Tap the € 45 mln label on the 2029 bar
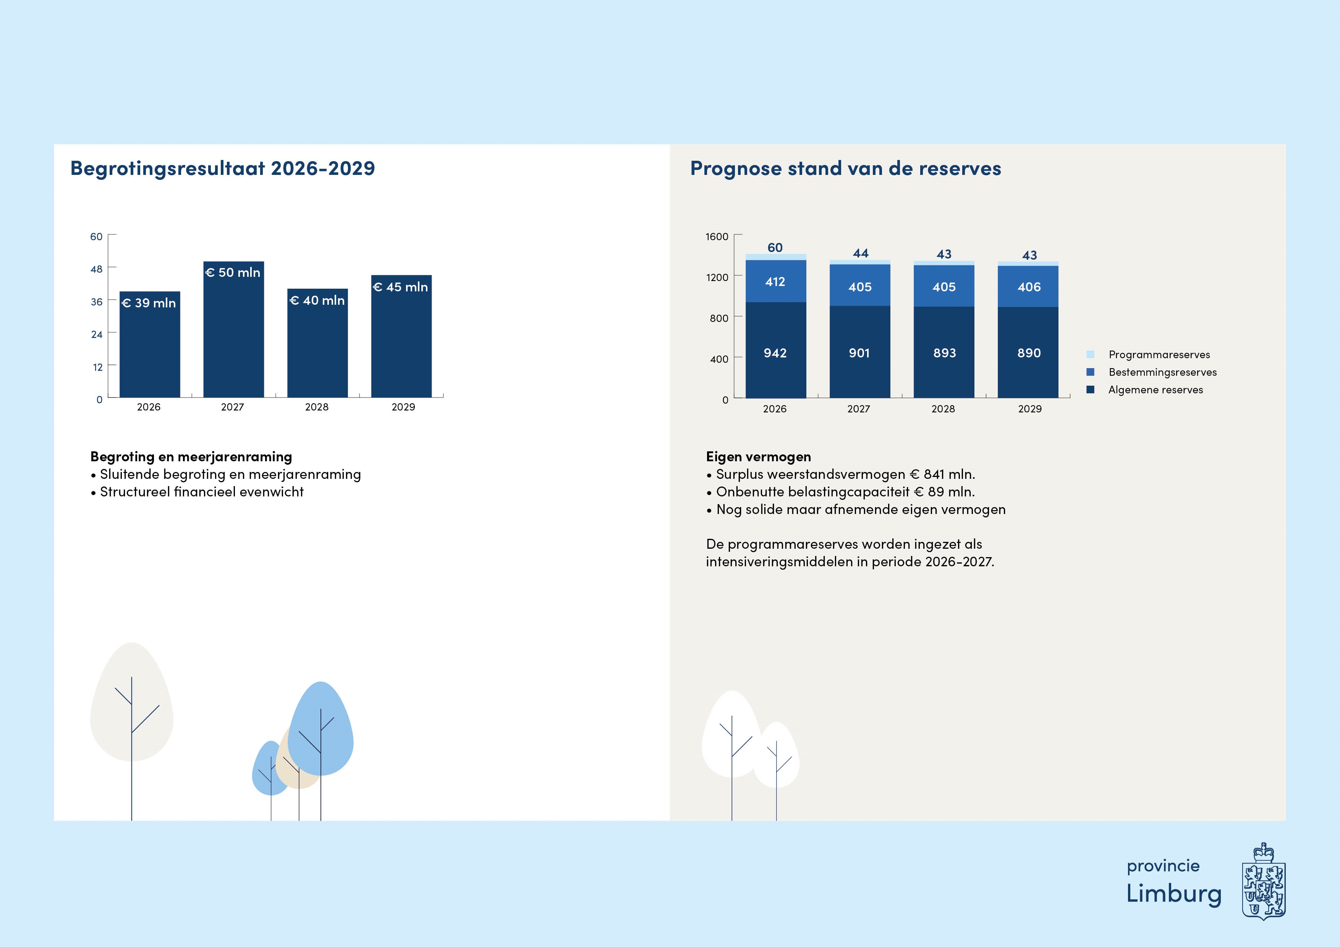coord(400,287)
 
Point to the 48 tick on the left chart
coord(96,269)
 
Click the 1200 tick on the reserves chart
coord(717,277)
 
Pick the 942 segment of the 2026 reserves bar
coord(775,352)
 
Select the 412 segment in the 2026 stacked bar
coord(775,282)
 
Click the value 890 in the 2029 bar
coord(1029,353)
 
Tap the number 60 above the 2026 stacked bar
coord(775,247)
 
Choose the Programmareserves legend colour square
coord(1090,354)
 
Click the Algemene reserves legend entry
coord(1155,390)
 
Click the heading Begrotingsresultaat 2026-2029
coord(222,168)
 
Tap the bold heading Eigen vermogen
coord(758,456)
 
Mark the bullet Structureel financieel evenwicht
coord(201,492)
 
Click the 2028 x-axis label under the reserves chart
coord(943,409)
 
